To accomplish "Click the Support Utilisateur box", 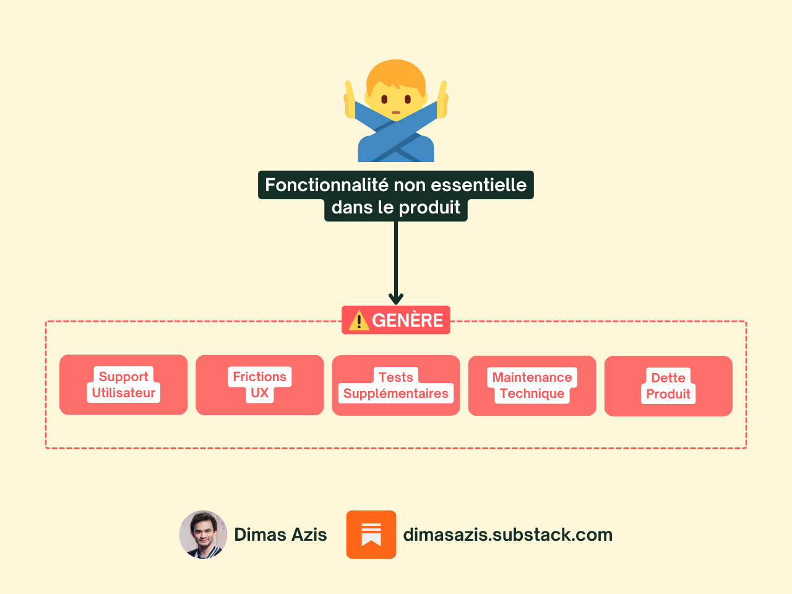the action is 123,384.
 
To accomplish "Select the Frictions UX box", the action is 259,385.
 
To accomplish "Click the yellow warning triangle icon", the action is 359,321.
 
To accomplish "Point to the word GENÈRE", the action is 407,321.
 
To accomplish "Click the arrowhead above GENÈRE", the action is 396,299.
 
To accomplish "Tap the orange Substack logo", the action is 371,535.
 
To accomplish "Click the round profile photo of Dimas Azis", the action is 204,535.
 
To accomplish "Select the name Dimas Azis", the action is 280,535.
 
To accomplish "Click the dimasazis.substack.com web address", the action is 507,535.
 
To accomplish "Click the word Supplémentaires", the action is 396,394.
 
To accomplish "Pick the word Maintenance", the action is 532,377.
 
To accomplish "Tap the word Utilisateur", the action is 124,393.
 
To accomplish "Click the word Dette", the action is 668,378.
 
